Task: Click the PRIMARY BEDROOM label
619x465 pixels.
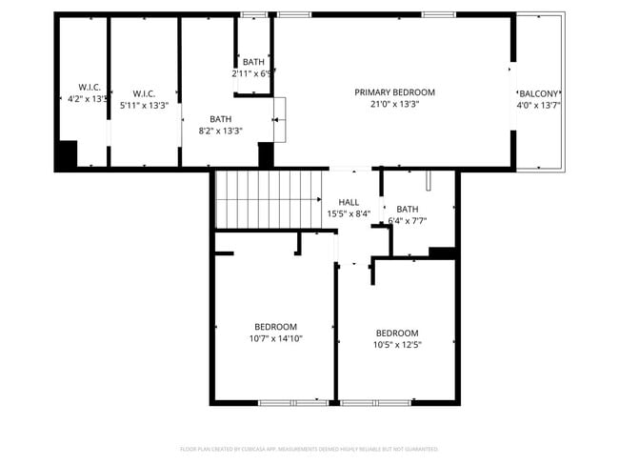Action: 394,92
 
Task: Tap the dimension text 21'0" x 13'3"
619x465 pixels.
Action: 394,104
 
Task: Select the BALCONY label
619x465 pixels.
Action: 538,93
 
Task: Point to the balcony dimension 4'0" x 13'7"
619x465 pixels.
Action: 538,105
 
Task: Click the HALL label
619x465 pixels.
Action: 349,202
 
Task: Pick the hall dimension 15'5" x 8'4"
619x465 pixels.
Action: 349,213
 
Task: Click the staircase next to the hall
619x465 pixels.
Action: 268,198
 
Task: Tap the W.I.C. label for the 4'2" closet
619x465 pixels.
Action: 77,87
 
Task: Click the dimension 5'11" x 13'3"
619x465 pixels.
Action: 143,105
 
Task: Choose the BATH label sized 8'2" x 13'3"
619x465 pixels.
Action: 221,119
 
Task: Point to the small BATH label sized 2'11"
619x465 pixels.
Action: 253,62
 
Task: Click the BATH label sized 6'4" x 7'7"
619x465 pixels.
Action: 407,209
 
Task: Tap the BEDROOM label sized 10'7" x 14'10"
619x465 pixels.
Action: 275,326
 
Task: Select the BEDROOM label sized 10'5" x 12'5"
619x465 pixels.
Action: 396,333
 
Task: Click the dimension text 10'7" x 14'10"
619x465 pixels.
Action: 275,337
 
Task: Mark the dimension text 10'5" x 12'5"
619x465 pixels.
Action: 396,344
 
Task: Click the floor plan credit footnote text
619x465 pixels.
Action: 309,448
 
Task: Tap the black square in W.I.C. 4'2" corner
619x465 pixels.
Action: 66,155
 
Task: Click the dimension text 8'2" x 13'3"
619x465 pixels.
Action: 221,131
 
